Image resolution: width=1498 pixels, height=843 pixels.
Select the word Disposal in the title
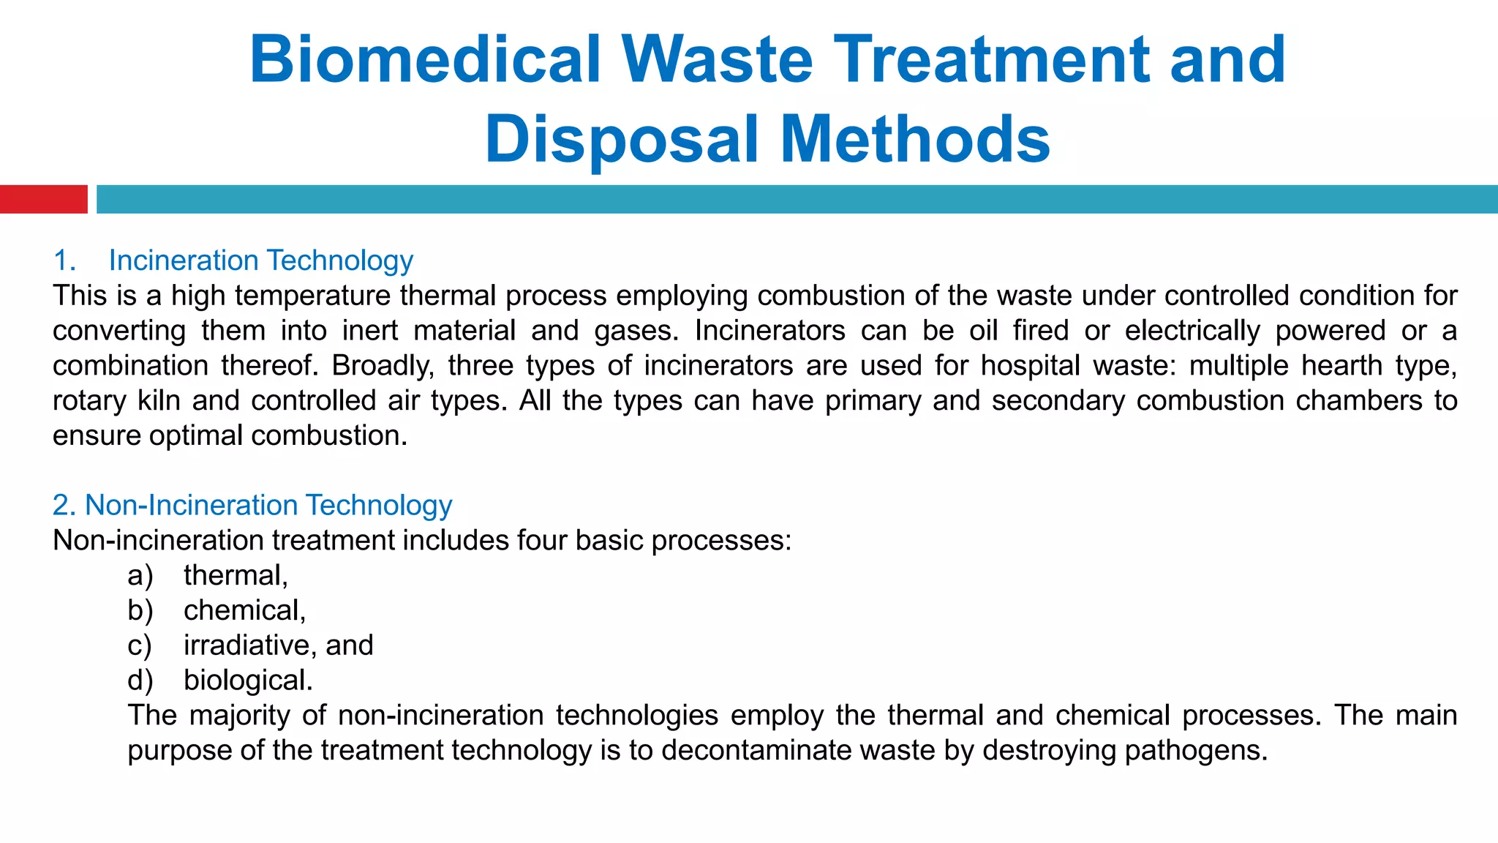click(x=622, y=139)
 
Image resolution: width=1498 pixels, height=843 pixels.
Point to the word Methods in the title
click(x=914, y=139)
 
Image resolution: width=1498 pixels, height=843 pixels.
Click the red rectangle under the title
click(x=43, y=199)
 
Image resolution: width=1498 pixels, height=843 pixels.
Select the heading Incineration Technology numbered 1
click(x=260, y=261)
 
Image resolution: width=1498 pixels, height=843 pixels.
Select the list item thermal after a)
click(x=235, y=575)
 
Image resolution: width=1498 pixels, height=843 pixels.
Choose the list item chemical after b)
click(x=244, y=610)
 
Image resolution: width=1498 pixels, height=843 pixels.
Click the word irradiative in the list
click(x=249, y=645)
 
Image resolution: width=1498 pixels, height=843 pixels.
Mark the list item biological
click(x=247, y=681)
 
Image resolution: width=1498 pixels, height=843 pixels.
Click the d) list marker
click(x=140, y=681)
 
